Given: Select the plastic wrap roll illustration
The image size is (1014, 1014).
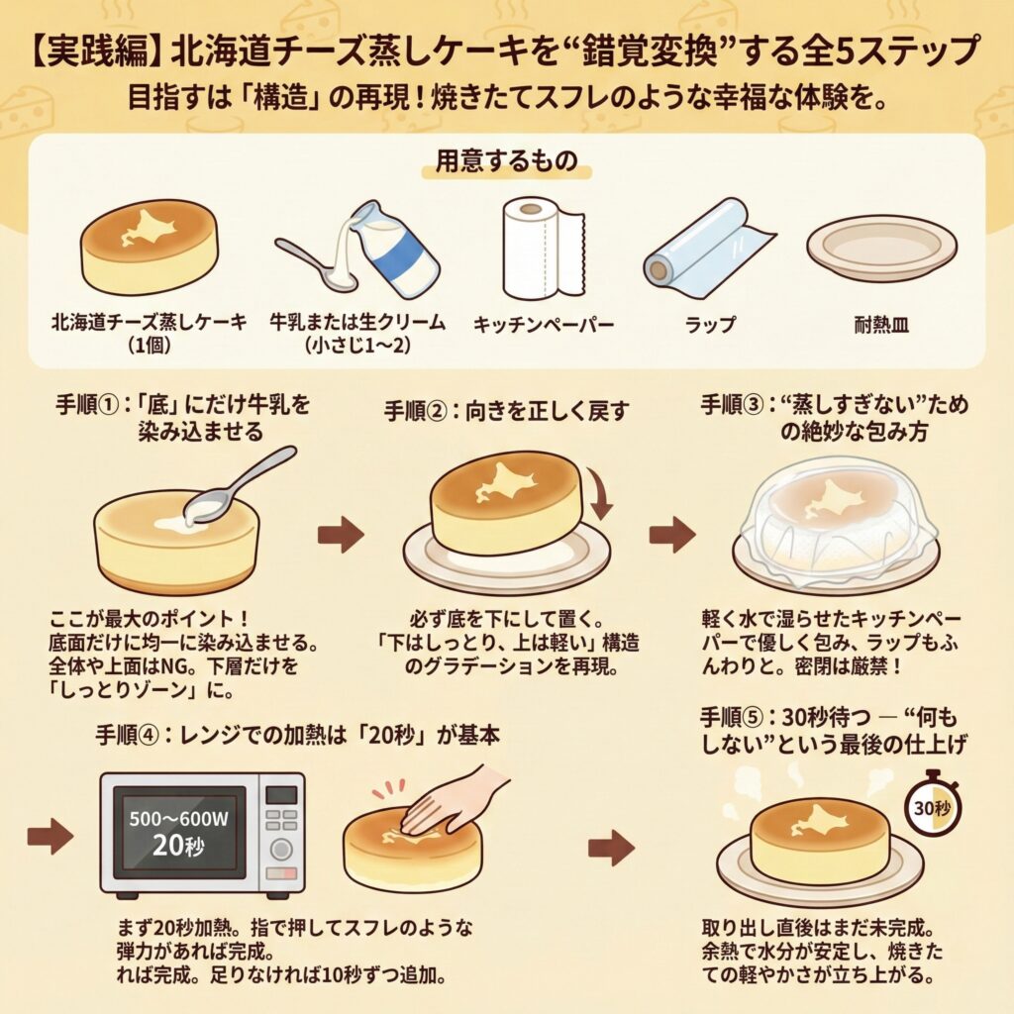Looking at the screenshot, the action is pyautogui.click(x=708, y=247).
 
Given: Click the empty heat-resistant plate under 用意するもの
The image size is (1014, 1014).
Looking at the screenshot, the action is pyautogui.click(x=882, y=249).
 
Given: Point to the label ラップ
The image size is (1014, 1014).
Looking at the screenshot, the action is pyautogui.click(x=710, y=324).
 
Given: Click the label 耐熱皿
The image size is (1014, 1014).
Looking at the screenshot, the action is pyautogui.click(x=881, y=324).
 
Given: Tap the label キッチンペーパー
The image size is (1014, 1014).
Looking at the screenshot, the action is pyautogui.click(x=544, y=324).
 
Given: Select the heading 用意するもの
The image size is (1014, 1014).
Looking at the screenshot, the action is pyautogui.click(x=506, y=161).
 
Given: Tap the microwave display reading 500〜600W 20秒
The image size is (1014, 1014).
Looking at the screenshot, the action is pyautogui.click(x=178, y=831).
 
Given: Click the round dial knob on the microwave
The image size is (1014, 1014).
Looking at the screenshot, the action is pyautogui.click(x=280, y=849).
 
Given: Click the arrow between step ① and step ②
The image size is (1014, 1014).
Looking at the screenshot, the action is pyautogui.click(x=341, y=535).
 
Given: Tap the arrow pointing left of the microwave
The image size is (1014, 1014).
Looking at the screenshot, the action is pyautogui.click(x=51, y=836).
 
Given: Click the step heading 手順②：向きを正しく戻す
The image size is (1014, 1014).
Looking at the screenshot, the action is pyautogui.click(x=506, y=411).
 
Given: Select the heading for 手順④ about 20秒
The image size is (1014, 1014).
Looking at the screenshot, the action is pyautogui.click(x=298, y=736).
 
